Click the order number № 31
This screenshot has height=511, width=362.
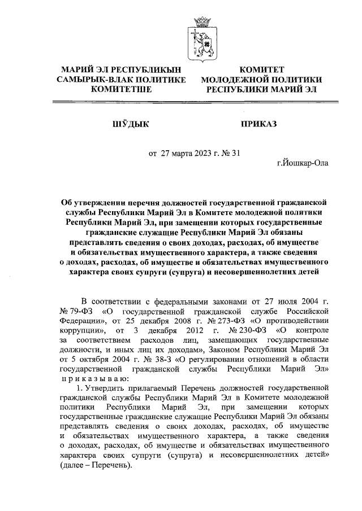(232, 152)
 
